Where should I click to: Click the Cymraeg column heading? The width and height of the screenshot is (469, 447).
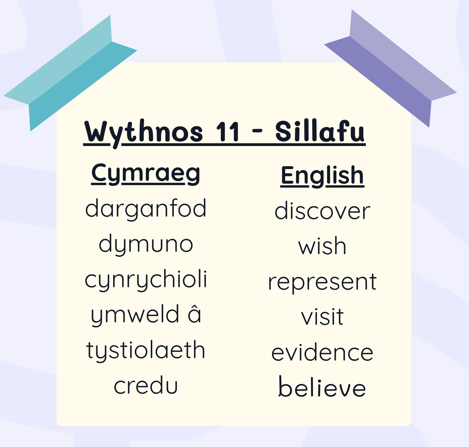(146, 173)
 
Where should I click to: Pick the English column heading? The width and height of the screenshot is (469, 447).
(322, 176)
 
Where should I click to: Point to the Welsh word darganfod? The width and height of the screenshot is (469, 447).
(146, 209)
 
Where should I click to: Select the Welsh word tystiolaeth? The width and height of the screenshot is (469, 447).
(146, 350)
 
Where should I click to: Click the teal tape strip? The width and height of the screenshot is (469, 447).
(70, 73)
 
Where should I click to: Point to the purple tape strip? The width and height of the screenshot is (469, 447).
(391, 68)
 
